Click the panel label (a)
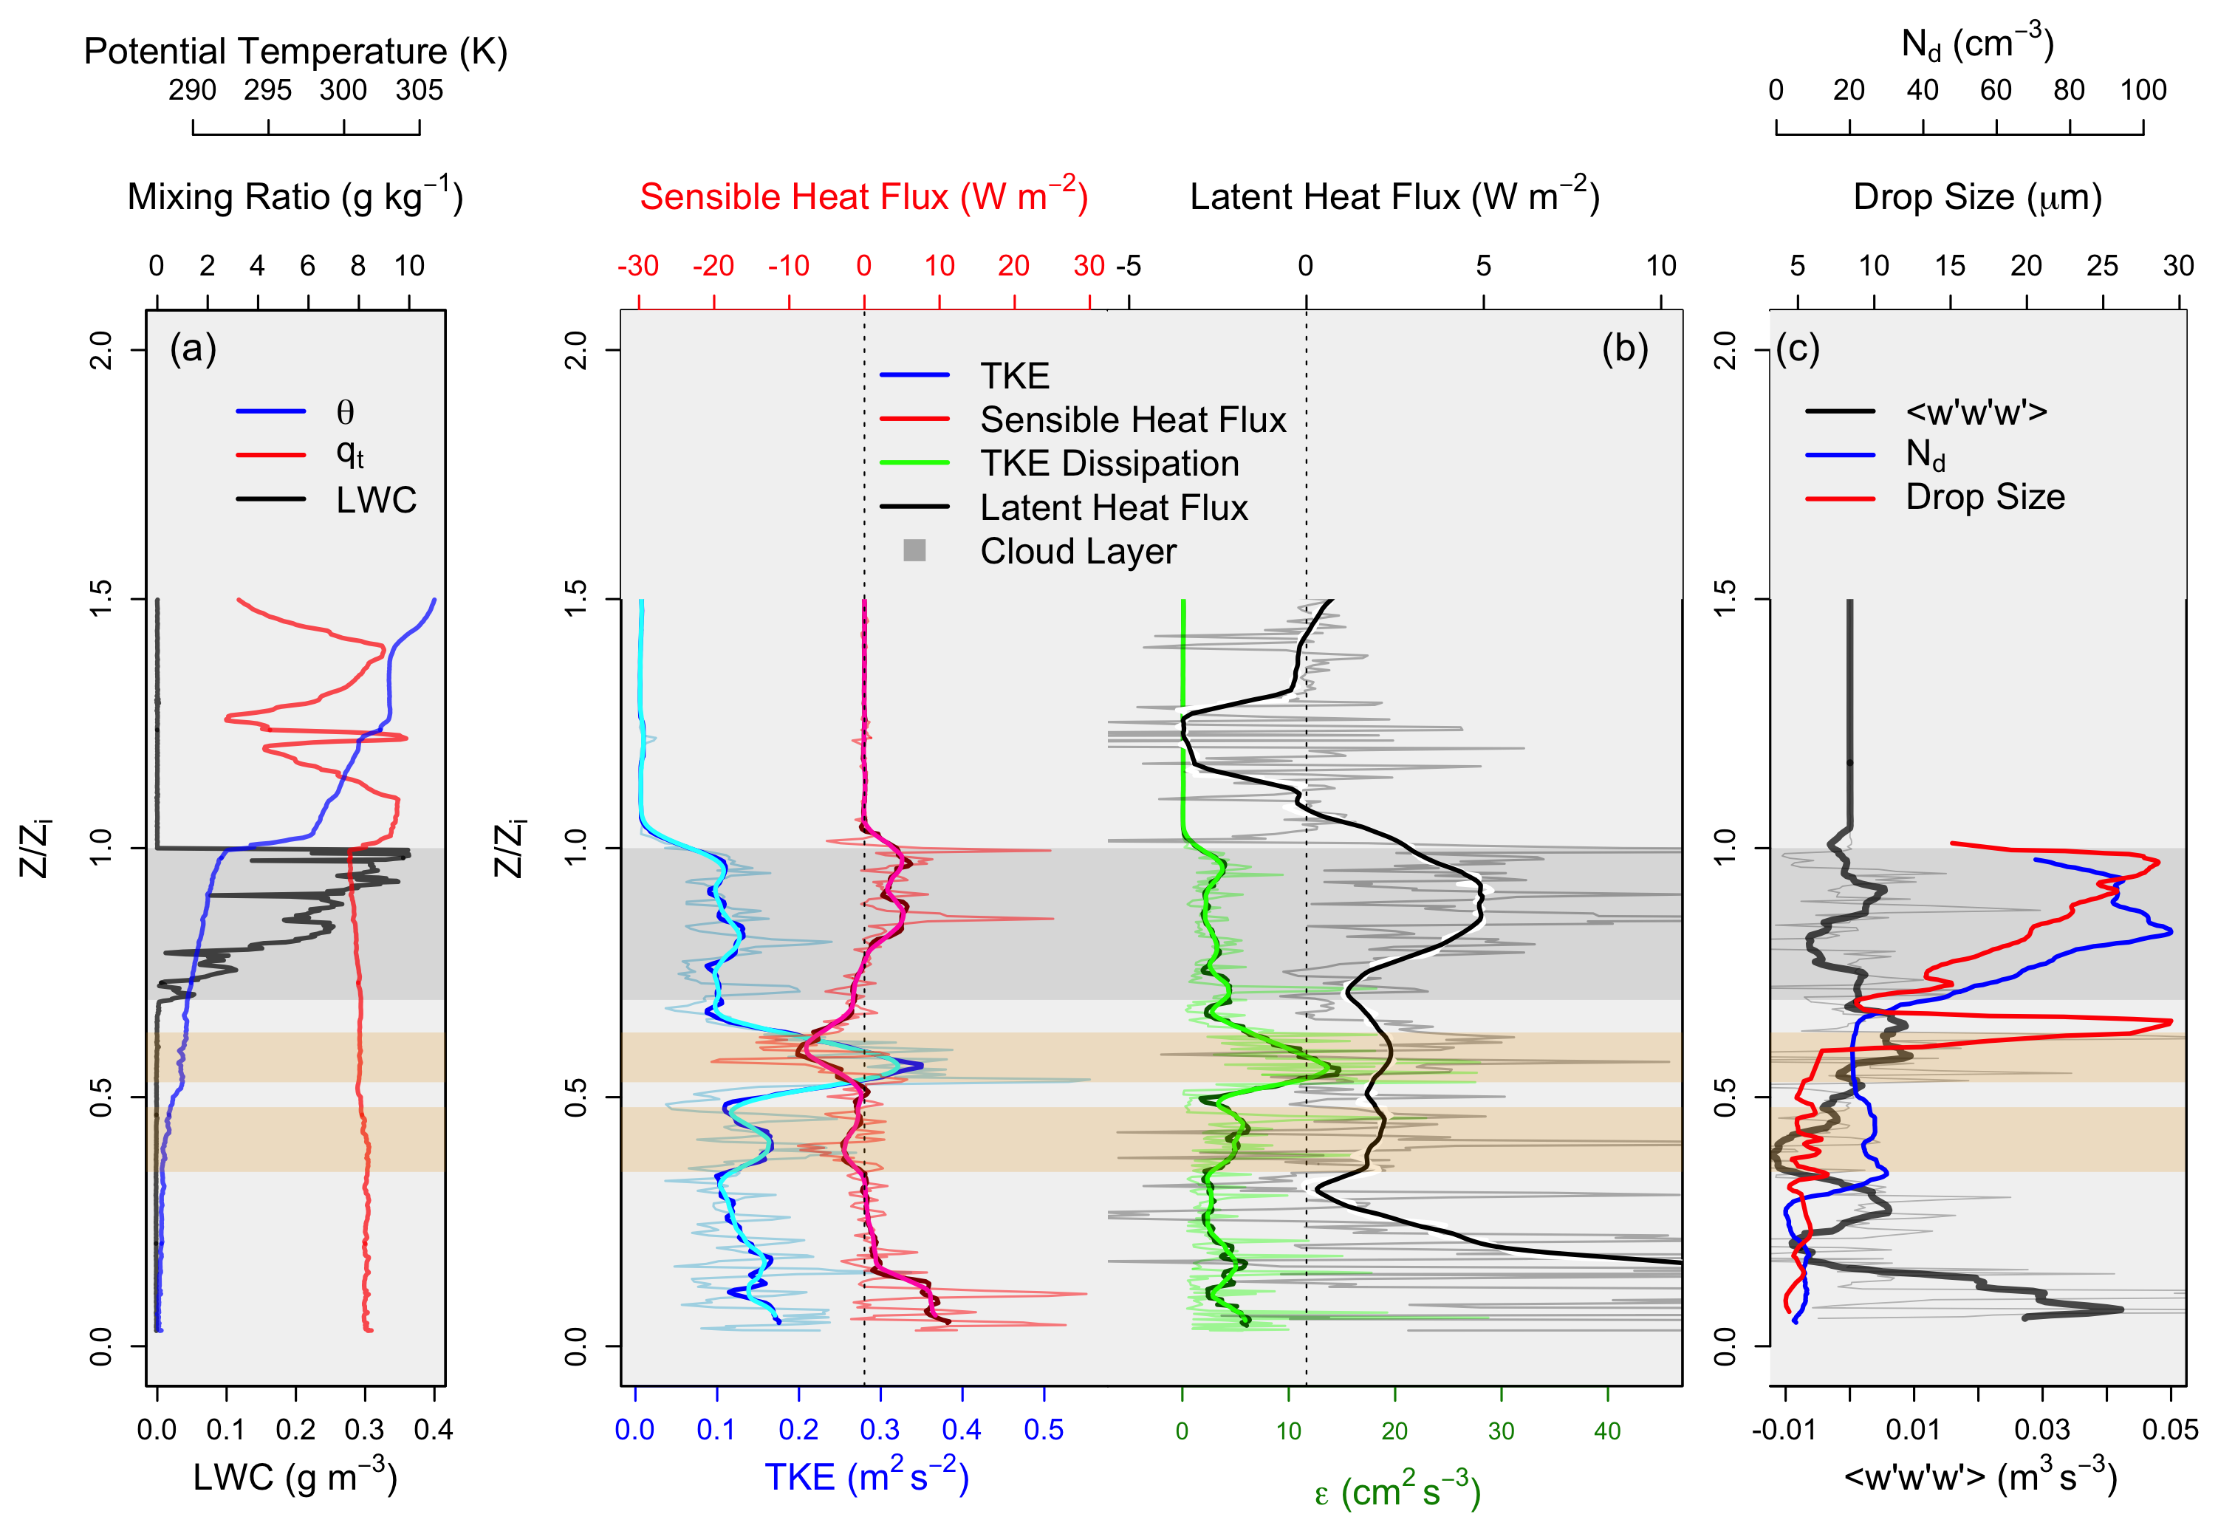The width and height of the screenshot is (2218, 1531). click(x=193, y=348)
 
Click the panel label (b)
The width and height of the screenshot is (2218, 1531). click(x=1624, y=348)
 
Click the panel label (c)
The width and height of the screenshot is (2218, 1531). click(x=1797, y=348)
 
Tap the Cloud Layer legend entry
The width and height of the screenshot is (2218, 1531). click(x=1078, y=552)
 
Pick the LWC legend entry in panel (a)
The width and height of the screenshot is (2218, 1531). click(x=375, y=500)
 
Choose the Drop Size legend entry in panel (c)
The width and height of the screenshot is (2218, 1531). click(x=1984, y=497)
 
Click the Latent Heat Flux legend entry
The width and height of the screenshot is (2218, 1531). click(x=1113, y=507)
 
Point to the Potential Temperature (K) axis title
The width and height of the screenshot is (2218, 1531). click(x=295, y=51)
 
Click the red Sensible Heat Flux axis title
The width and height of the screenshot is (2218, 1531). click(x=863, y=196)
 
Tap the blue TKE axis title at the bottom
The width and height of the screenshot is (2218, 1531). click(x=866, y=1477)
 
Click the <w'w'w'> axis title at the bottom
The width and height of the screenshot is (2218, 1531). click(x=1979, y=1477)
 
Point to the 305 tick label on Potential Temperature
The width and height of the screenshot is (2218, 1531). click(x=420, y=90)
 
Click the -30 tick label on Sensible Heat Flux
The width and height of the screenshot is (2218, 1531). click(x=638, y=266)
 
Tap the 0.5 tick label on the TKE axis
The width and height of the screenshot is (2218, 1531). click(x=1044, y=1431)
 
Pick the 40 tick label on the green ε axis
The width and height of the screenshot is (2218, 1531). click(x=1607, y=1431)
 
